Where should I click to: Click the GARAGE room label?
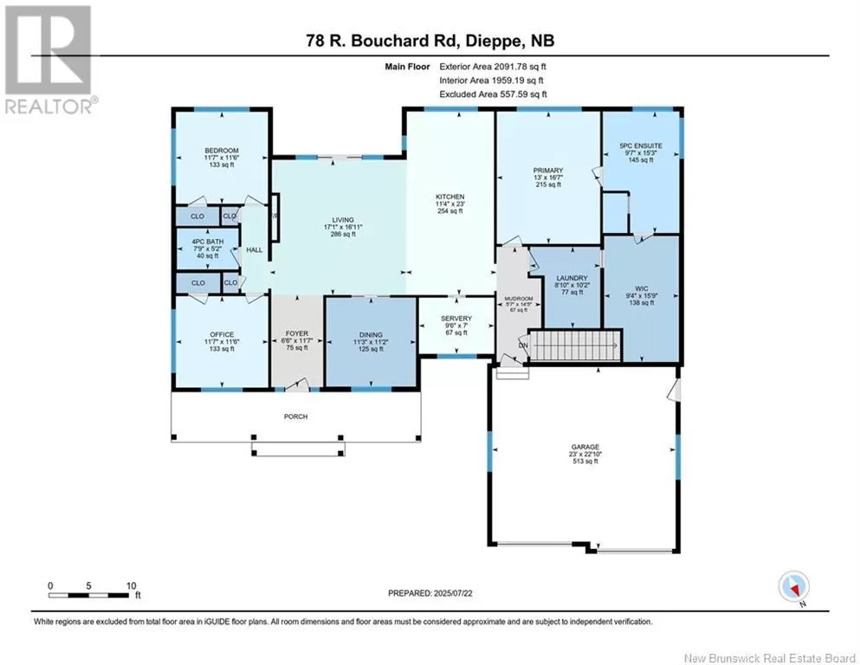tap(585, 447)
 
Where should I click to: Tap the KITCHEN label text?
tap(450, 197)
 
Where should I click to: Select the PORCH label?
tap(295, 416)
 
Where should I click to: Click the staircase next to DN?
tap(575, 345)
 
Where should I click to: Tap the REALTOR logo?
tap(48, 60)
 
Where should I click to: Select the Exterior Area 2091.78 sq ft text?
tap(493, 67)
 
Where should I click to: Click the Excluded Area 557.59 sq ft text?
tap(493, 94)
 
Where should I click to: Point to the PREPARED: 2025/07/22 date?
tap(430, 593)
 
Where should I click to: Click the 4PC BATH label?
tap(207, 242)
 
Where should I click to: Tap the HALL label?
tap(255, 250)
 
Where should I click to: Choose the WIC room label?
tap(642, 289)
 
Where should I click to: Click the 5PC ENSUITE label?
tap(641, 145)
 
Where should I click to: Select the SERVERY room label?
tap(456, 319)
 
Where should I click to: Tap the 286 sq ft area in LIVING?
tap(343, 234)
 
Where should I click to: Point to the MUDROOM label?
tap(518, 299)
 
